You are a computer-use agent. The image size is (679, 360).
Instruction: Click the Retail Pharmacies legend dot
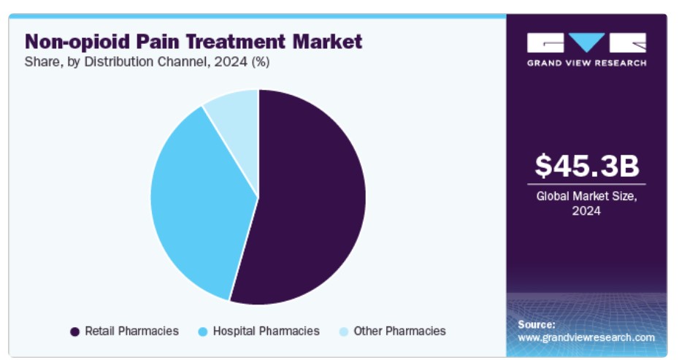coord(74,332)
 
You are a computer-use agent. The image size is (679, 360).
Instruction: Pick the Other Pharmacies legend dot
coord(343,332)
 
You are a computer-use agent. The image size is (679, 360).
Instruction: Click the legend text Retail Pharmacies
coord(131,331)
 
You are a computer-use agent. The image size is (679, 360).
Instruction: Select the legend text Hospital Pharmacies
coord(266,331)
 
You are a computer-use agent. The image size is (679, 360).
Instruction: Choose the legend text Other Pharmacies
coord(399,331)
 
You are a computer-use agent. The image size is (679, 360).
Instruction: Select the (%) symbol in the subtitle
coord(260,62)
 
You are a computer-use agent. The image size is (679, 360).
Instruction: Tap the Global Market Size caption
coord(586,196)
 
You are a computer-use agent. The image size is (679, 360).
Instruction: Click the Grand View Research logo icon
coord(586,42)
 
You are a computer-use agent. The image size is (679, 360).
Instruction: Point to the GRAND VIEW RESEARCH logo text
coord(586,63)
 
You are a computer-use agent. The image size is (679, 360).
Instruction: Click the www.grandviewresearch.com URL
coord(586,337)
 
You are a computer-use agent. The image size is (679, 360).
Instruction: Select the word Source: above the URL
coord(537,323)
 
